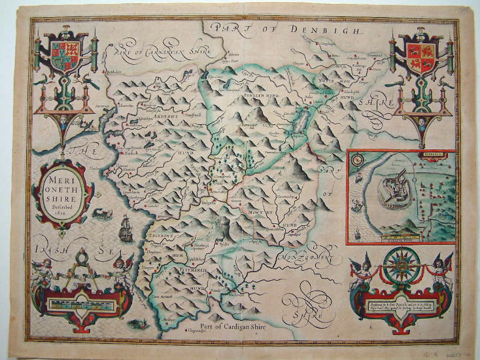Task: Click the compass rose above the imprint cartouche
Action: (401, 266)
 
